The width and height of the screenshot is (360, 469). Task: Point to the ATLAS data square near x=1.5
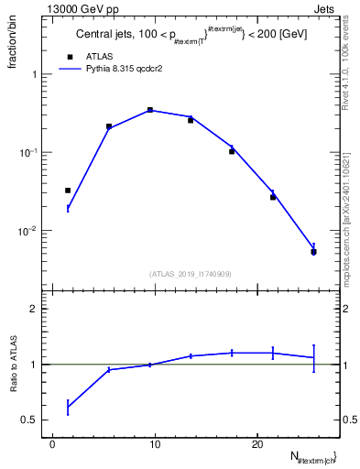click(x=68, y=191)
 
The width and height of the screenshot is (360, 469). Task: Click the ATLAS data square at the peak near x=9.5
click(x=149, y=110)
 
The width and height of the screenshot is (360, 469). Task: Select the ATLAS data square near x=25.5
click(x=313, y=252)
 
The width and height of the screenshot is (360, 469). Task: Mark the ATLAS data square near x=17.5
click(x=232, y=151)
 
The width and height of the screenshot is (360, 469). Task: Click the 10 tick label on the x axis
click(x=155, y=444)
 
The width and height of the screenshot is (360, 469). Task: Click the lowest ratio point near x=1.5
click(x=68, y=406)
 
